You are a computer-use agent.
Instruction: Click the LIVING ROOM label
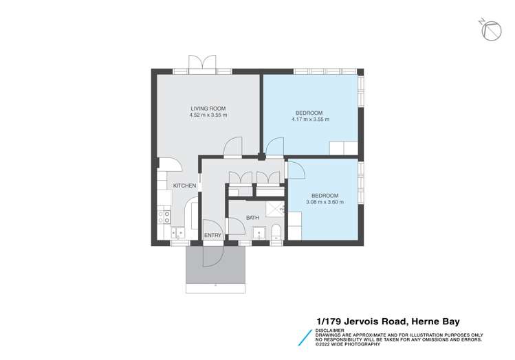(208, 109)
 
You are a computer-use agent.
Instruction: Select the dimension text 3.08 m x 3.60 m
(322, 202)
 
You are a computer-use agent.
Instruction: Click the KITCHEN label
(184, 185)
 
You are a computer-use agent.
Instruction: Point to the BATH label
(252, 218)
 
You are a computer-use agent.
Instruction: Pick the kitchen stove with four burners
(164, 218)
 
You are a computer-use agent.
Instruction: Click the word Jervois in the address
(362, 321)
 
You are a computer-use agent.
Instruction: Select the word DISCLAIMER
(331, 329)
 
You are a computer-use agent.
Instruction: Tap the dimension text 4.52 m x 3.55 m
(208, 115)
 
